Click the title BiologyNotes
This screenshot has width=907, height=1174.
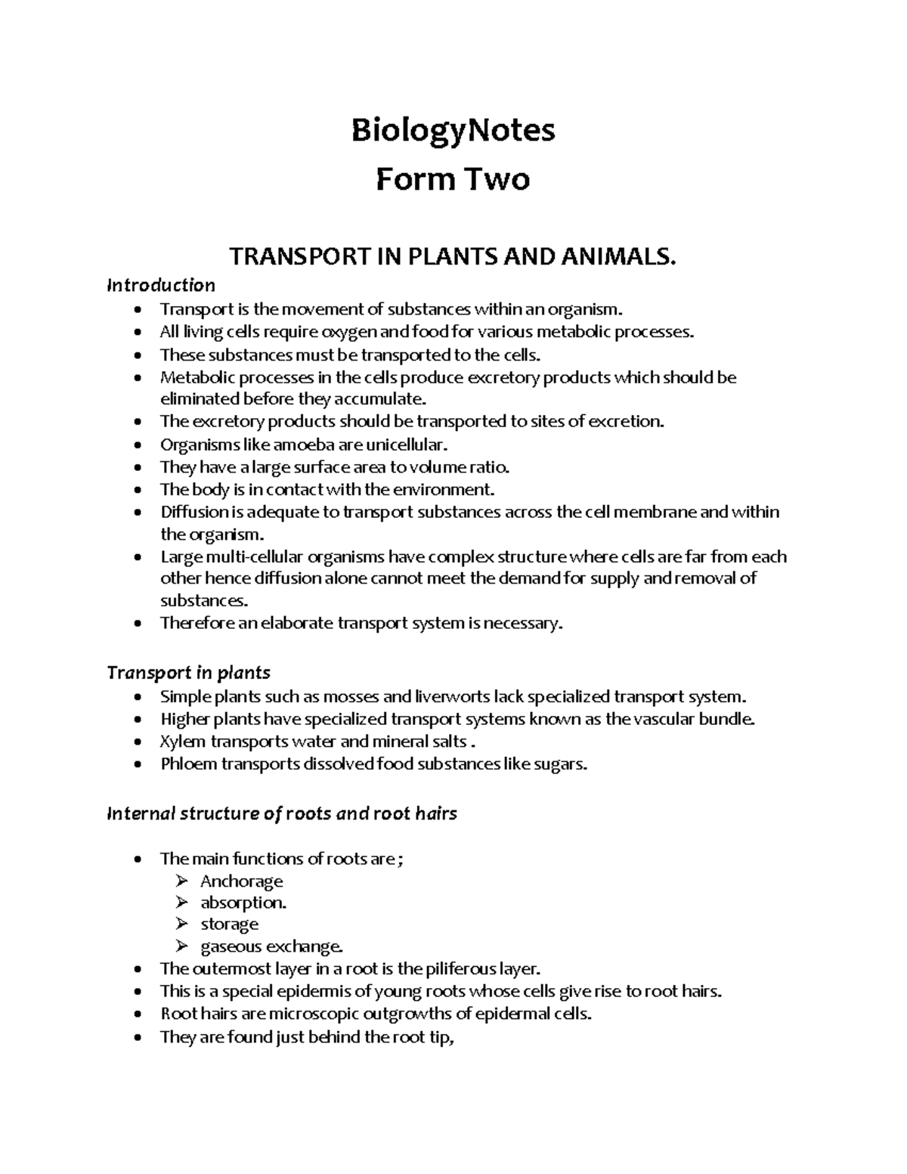point(453,131)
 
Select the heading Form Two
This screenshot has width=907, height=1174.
point(453,180)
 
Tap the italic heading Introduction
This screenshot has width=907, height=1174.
point(161,285)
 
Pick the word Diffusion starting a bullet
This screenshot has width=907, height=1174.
point(193,512)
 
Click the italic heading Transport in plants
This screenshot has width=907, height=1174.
point(188,673)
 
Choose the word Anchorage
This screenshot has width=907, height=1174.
point(241,881)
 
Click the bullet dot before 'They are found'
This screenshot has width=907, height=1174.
point(136,1038)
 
